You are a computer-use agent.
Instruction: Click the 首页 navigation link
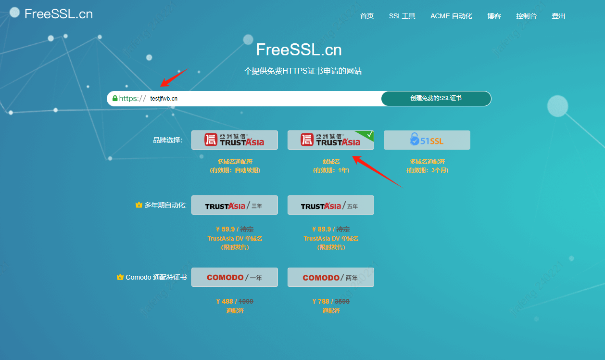pos(366,16)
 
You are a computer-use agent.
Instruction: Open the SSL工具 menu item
pos(402,16)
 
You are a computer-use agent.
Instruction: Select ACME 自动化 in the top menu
pos(451,16)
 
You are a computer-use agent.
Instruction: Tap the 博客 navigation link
pos(494,16)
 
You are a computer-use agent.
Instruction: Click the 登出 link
pos(558,16)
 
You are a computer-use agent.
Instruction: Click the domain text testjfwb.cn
pos(164,99)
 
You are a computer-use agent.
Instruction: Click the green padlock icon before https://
pos(115,98)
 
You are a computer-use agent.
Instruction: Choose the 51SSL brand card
pos(427,140)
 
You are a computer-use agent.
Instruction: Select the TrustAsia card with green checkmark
pos(330,140)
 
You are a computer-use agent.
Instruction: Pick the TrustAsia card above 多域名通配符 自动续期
pos(234,140)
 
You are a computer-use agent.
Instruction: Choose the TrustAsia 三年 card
pos(234,205)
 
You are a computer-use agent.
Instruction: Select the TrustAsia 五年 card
pos(330,205)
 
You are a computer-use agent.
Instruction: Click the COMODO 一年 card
pos(234,277)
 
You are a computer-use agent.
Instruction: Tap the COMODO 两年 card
pos(330,277)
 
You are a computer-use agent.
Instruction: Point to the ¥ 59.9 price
pos(225,230)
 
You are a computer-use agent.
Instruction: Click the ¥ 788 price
pos(321,302)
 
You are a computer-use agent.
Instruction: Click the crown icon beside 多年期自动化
pos(139,205)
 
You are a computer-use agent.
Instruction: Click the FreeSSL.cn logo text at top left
pos(58,14)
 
